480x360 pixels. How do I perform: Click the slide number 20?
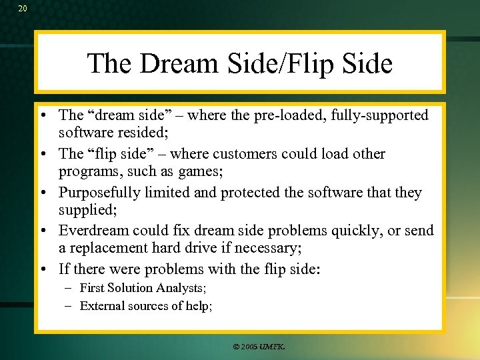[x=23, y=8]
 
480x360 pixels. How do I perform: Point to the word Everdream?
[x=91, y=231]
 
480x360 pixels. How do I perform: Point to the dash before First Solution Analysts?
[x=69, y=288]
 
